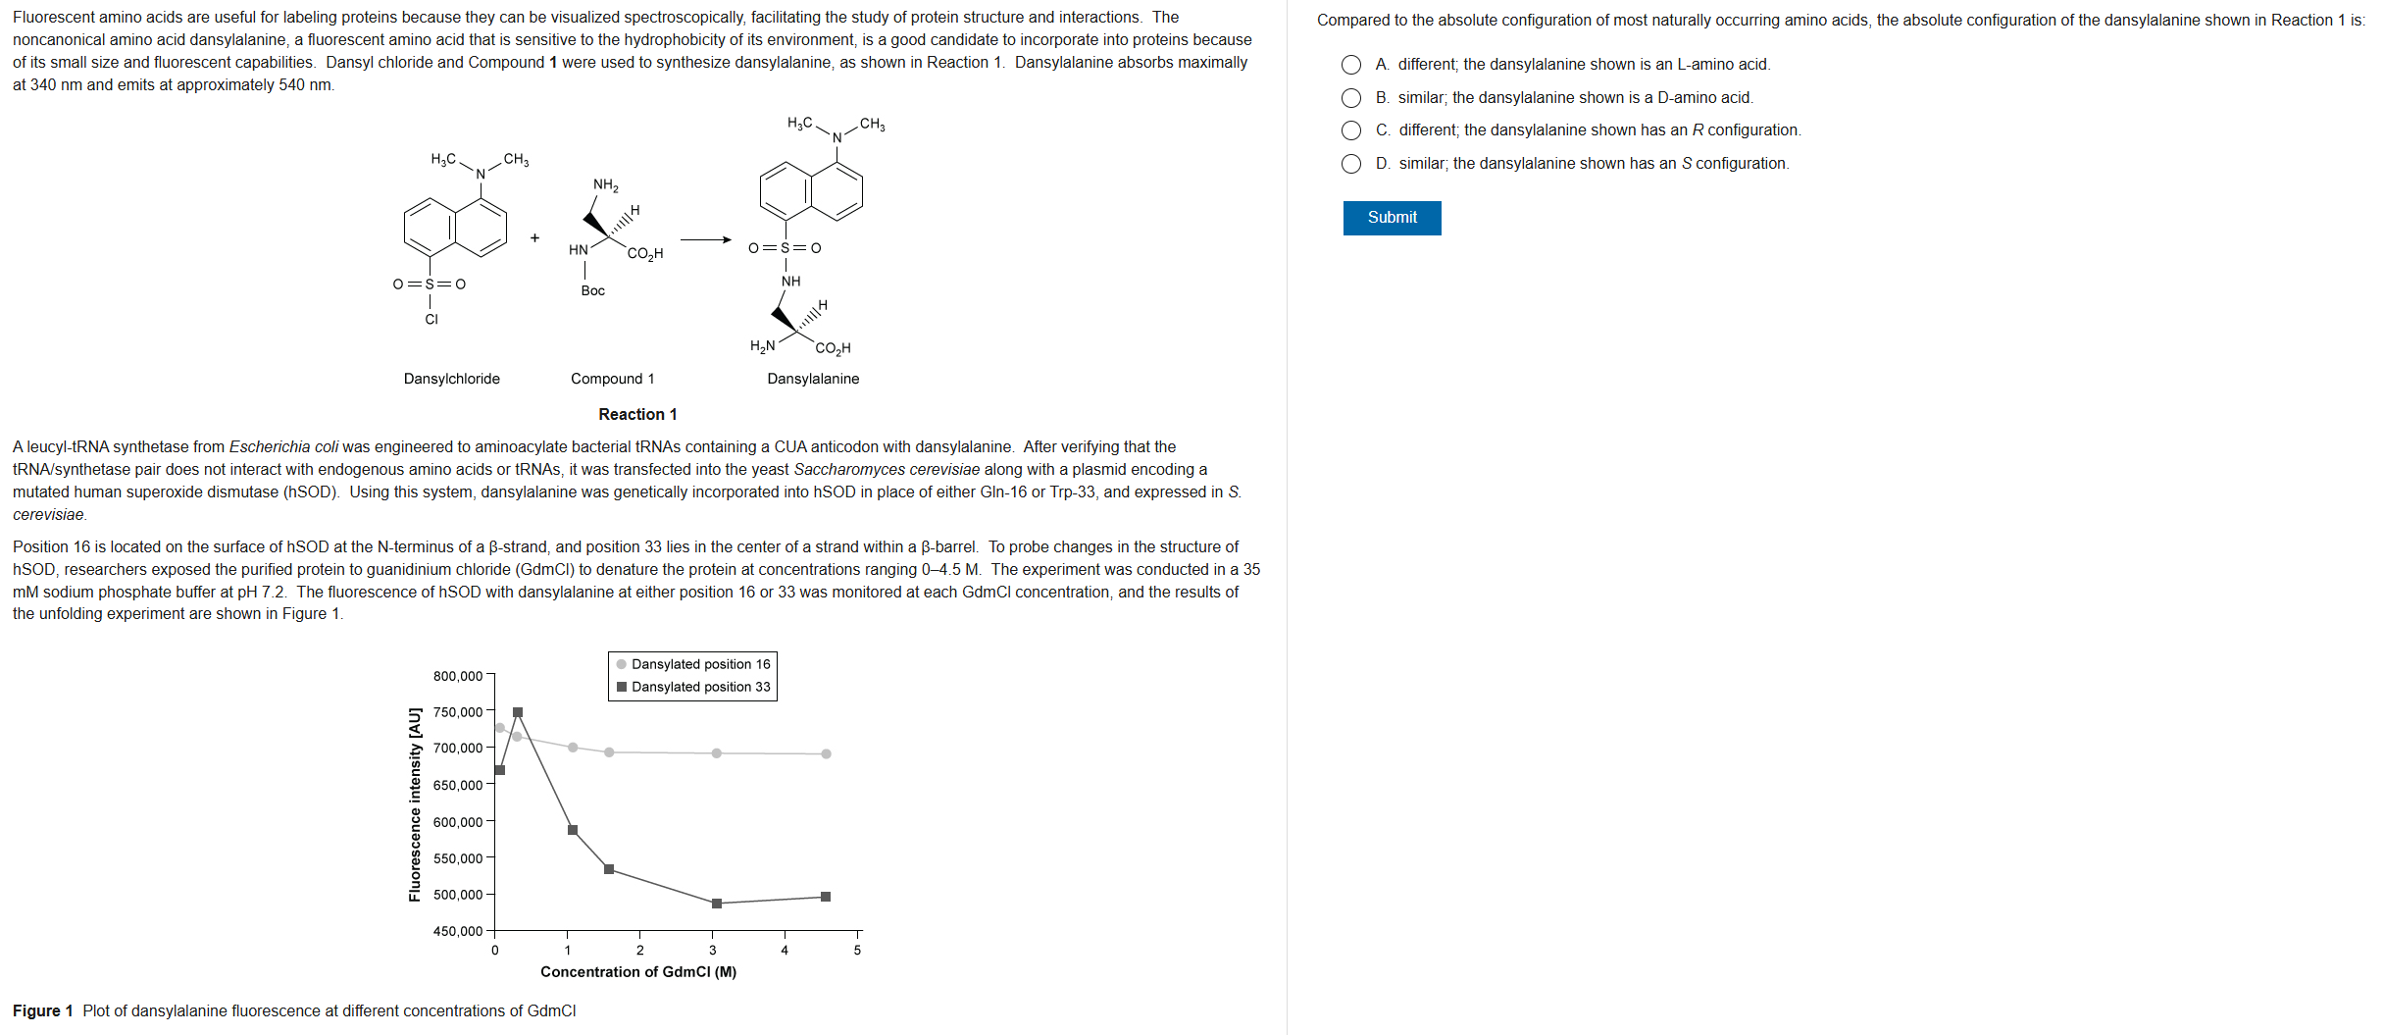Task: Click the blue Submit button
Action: (1392, 218)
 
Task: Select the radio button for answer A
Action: (1351, 65)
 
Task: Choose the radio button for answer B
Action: (1351, 98)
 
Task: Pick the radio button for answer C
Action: (1351, 130)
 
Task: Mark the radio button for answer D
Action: (1351, 164)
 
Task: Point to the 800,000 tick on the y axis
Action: (458, 676)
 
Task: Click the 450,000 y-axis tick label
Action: (458, 931)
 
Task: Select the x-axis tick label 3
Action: (713, 950)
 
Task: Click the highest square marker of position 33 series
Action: (518, 712)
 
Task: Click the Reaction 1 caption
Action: (637, 414)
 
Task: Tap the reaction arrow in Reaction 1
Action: (706, 239)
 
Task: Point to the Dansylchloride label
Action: (452, 379)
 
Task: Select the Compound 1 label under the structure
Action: (612, 379)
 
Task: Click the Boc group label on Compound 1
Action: (592, 290)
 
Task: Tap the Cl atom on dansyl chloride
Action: (431, 319)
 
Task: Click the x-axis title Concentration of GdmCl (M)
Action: (638, 971)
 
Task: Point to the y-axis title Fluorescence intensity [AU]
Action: (415, 804)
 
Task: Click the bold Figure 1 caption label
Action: (43, 1010)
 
